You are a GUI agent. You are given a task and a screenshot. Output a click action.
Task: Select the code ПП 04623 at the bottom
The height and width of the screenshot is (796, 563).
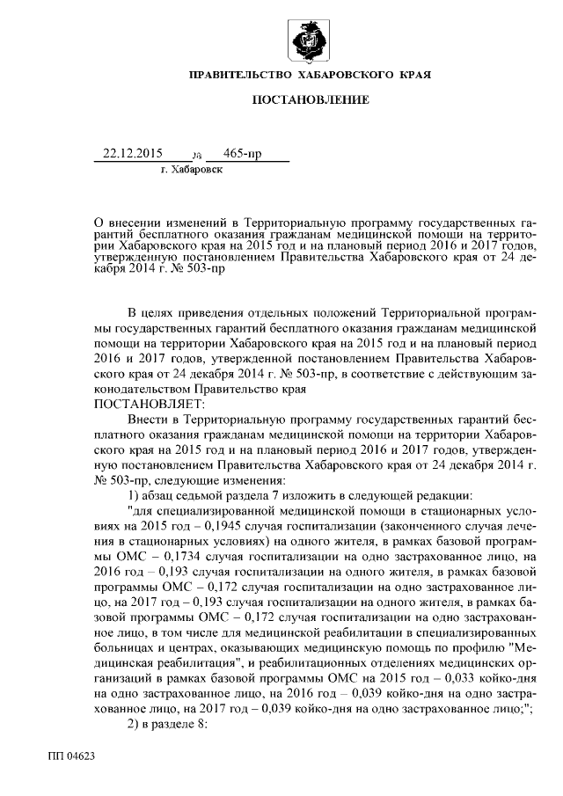pyautogui.click(x=72, y=755)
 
